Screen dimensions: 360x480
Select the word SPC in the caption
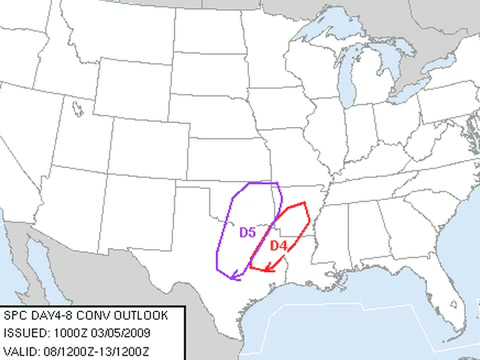point(17,316)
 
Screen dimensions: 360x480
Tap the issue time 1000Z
point(70,333)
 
